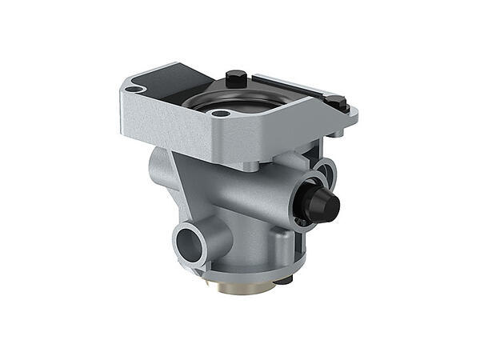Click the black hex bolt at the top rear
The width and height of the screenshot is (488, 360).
tap(234, 78)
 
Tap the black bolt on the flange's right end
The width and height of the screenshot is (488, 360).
tap(336, 102)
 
